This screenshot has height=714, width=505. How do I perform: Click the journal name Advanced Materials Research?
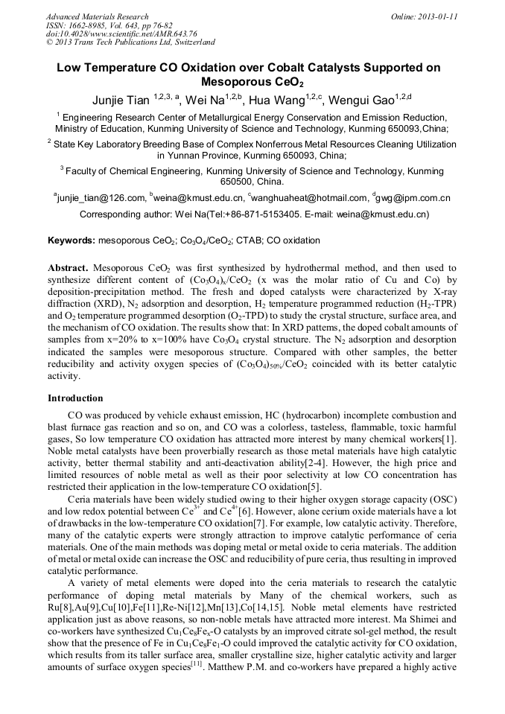pos(97,16)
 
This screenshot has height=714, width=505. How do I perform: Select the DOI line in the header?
pos(121,34)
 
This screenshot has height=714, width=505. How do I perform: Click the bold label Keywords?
pos(72,241)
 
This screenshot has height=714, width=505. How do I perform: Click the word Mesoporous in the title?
pos(238,82)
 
